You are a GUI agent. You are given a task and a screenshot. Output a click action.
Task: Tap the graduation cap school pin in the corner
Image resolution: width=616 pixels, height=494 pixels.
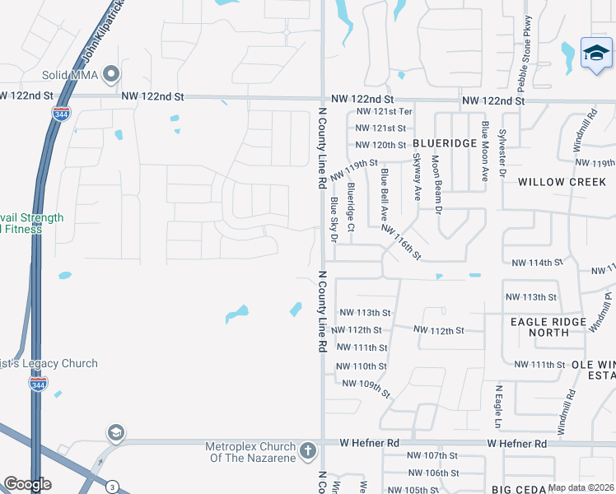(x=595, y=54)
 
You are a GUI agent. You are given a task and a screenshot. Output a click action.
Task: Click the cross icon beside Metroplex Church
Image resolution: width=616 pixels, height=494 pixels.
(x=307, y=451)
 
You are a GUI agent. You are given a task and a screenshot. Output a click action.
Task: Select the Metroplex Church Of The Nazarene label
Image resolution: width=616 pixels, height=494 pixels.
(x=250, y=452)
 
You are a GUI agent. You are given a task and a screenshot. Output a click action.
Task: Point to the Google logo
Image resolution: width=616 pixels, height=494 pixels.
(x=27, y=484)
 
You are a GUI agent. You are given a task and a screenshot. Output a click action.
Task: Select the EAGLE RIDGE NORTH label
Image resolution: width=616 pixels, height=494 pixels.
(x=548, y=327)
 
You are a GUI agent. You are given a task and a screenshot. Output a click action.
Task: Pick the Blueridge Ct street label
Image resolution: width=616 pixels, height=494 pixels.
(x=351, y=206)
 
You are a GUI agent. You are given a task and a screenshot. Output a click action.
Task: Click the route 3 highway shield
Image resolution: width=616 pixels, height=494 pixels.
(x=111, y=487)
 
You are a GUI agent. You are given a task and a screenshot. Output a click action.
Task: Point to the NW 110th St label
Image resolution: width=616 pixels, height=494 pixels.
(x=362, y=366)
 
